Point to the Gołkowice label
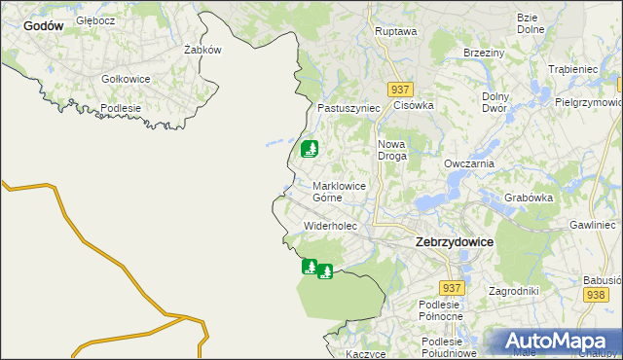point(125,79)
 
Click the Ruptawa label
point(395,31)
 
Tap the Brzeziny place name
point(483,53)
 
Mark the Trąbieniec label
point(572,70)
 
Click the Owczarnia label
point(469,164)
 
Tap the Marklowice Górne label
point(340,191)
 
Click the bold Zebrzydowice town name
point(454,240)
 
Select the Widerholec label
point(331,226)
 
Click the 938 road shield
point(596,294)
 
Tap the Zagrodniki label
point(514,291)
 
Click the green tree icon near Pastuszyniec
point(310,149)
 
